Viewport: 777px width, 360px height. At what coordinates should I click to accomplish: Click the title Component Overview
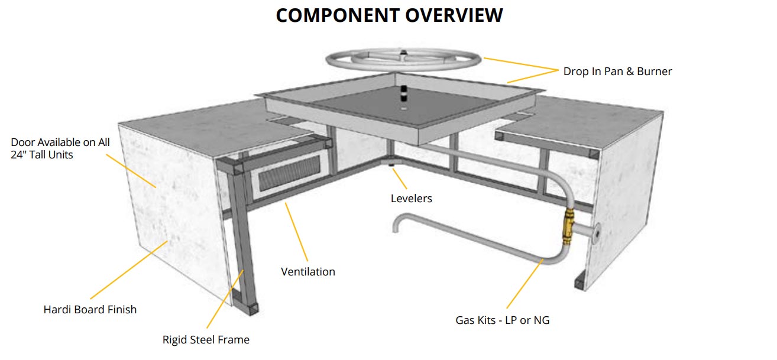click(389, 15)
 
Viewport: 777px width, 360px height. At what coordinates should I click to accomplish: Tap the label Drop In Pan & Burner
click(617, 72)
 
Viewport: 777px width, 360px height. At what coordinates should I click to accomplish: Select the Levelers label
click(411, 199)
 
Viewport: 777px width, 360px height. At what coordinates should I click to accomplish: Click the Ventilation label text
click(307, 272)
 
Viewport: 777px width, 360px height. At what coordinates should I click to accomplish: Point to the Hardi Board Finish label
click(90, 309)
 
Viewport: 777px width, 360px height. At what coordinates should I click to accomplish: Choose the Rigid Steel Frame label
click(206, 340)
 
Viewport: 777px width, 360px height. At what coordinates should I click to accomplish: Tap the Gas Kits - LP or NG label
click(503, 321)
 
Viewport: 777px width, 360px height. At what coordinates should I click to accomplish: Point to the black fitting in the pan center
click(404, 94)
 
